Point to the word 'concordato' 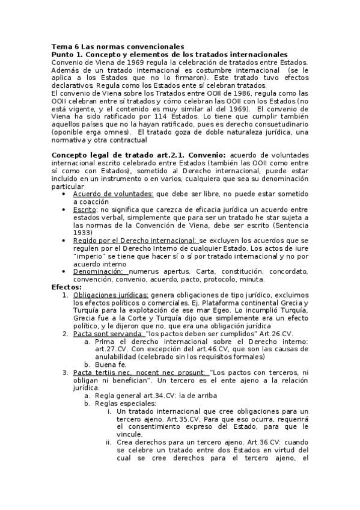(289, 271)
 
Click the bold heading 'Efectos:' (66, 287)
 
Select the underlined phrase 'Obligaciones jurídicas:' (111, 295)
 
